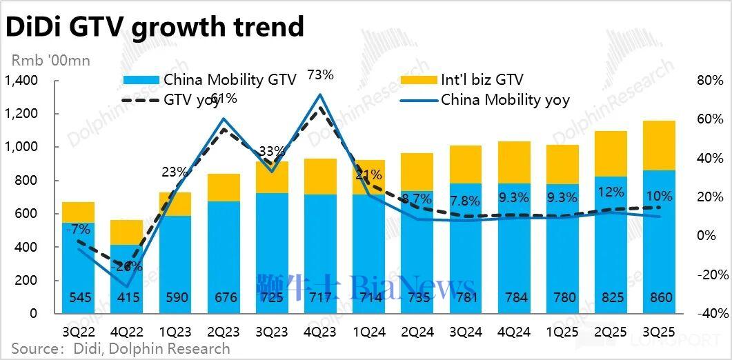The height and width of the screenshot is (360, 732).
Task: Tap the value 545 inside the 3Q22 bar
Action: [78, 298]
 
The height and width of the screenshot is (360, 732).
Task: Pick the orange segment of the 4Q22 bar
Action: [127, 232]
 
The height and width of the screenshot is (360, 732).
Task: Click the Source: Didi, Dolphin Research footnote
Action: [119, 348]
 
